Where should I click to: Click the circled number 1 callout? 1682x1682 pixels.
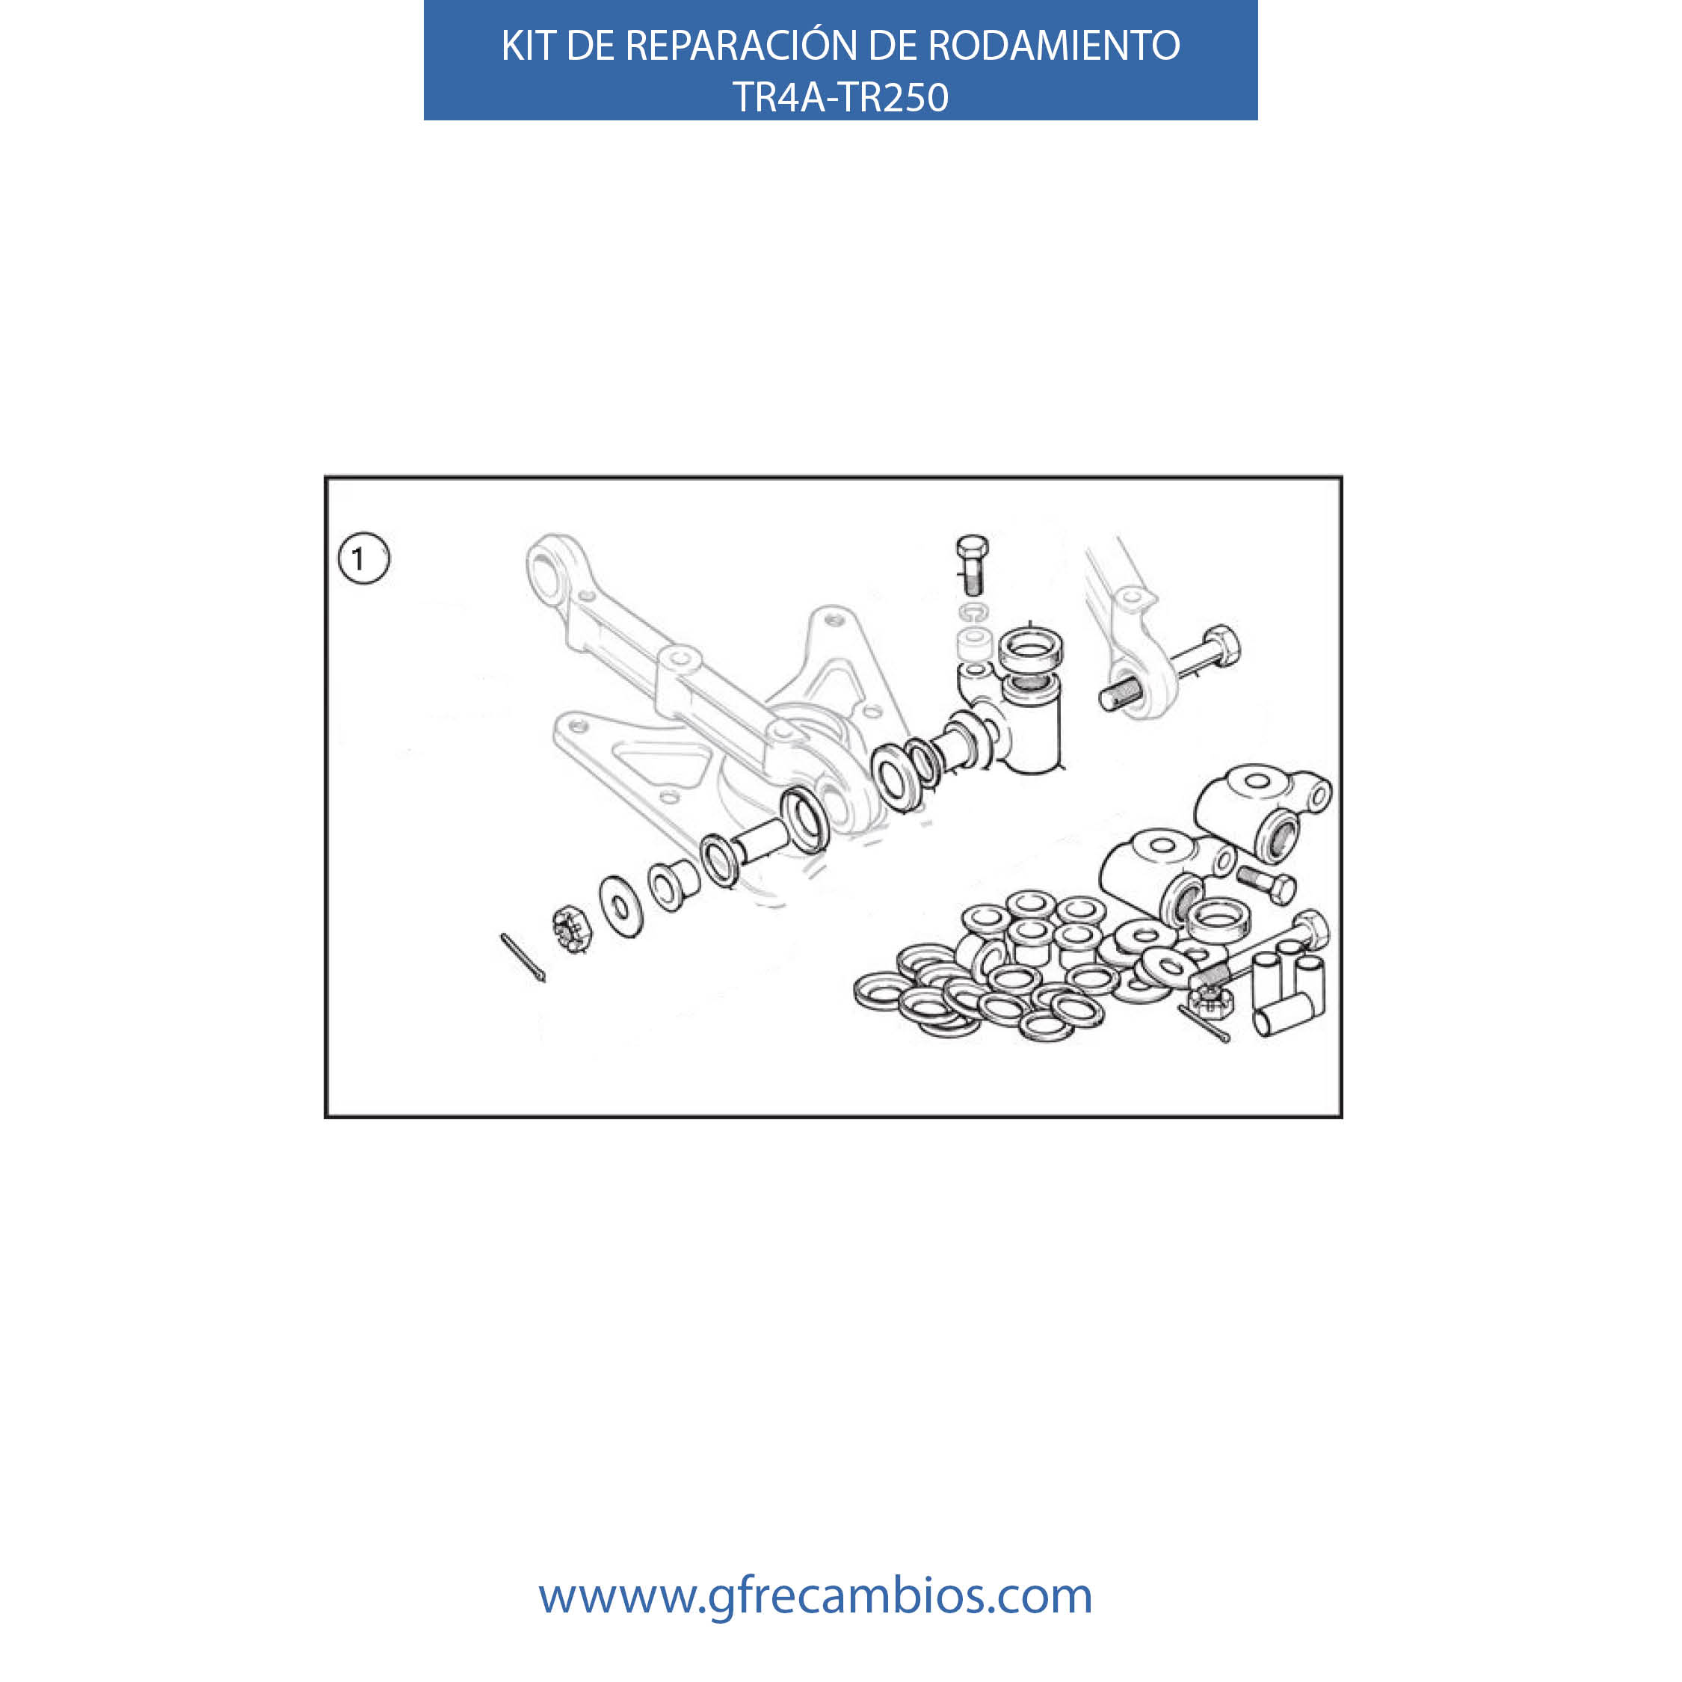(363, 558)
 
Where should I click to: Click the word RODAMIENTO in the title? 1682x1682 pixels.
(1054, 46)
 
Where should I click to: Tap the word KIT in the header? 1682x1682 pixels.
(529, 46)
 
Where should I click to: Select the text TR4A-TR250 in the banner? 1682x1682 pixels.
(840, 96)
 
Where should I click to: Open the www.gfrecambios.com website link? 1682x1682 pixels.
(815, 1596)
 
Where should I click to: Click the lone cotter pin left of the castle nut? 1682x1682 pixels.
(523, 958)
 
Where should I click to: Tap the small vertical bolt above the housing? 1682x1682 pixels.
(972, 564)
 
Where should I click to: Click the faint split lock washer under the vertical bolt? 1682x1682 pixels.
(973, 612)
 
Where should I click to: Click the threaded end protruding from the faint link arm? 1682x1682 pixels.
(1119, 694)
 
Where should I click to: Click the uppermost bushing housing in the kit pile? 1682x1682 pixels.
(1263, 810)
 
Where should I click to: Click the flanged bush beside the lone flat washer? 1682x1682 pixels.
(673, 884)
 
